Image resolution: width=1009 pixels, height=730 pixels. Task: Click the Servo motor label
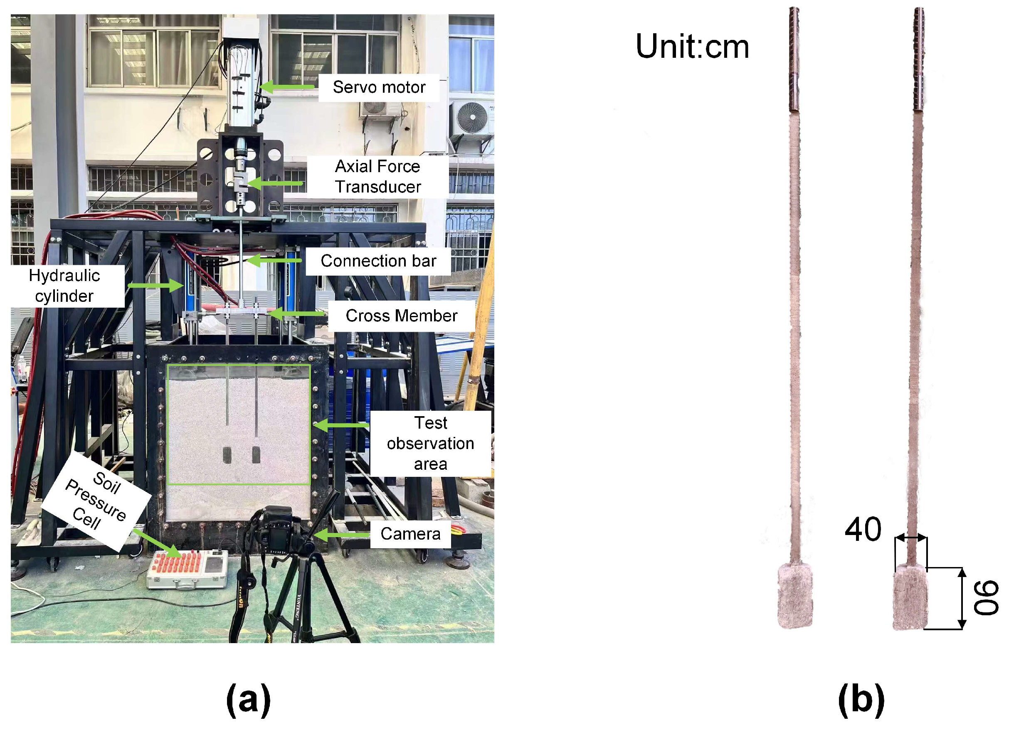[379, 87]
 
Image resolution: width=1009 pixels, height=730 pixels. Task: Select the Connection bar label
[378, 261]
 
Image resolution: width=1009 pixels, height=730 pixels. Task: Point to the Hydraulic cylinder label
[64, 286]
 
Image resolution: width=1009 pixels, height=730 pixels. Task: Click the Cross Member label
[401, 316]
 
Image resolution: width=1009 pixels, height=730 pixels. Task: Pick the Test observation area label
[430, 443]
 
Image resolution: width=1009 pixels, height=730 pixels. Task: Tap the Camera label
[410, 533]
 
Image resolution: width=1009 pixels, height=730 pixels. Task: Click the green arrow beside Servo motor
[287, 87]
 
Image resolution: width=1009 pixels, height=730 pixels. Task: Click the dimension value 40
[863, 529]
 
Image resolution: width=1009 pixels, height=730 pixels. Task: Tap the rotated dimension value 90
[986, 598]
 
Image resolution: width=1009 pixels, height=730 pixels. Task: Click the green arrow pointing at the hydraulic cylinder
[155, 285]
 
